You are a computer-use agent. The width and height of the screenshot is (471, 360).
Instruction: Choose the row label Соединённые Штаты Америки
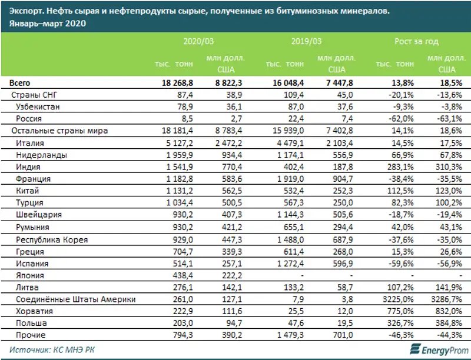77,299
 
